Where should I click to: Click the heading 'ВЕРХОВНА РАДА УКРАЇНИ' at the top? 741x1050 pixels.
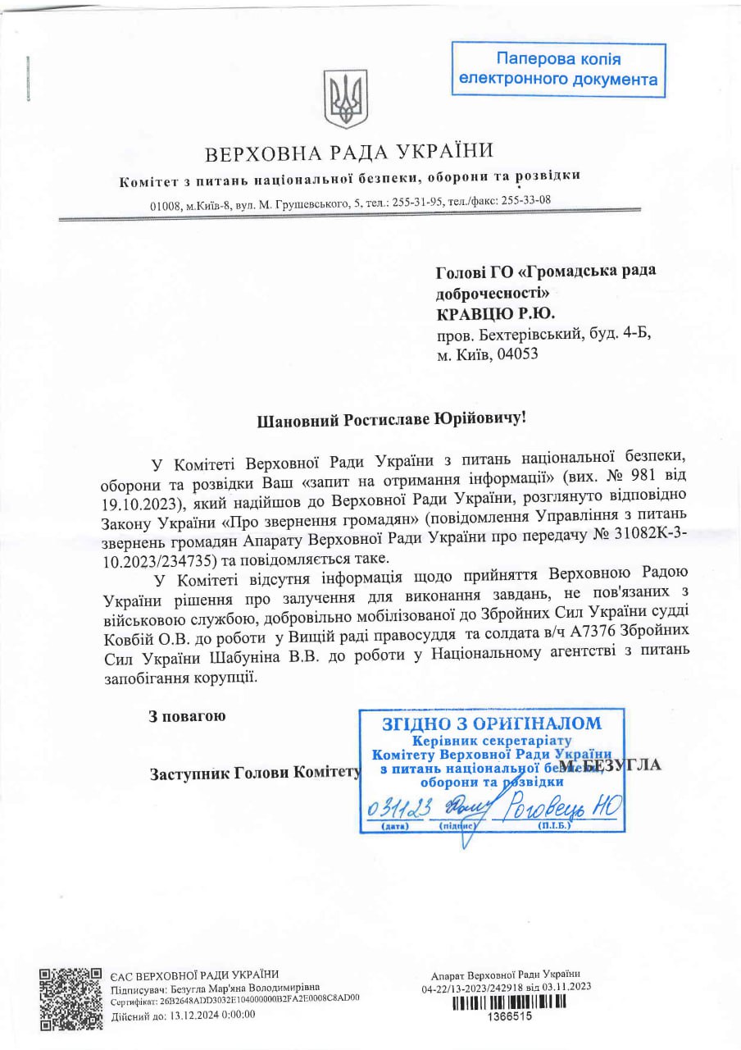tap(349, 153)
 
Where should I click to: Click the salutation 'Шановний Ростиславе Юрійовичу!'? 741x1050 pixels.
tap(391, 419)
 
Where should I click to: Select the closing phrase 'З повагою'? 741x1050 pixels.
tap(187, 716)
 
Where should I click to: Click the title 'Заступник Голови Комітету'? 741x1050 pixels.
tap(255, 774)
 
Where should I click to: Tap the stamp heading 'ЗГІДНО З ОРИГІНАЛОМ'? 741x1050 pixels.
tap(491, 724)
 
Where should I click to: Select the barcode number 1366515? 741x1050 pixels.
tap(510, 1016)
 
